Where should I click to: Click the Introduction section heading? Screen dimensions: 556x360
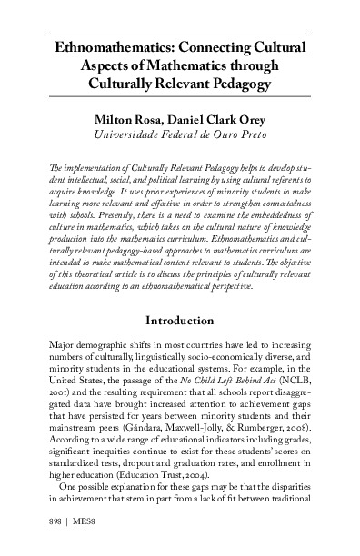[180, 295]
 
